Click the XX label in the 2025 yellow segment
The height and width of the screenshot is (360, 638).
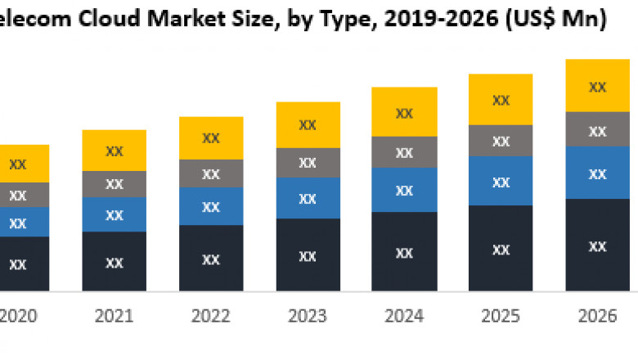(501, 101)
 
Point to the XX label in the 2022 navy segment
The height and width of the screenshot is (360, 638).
(211, 259)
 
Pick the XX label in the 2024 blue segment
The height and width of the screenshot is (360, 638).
(404, 191)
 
